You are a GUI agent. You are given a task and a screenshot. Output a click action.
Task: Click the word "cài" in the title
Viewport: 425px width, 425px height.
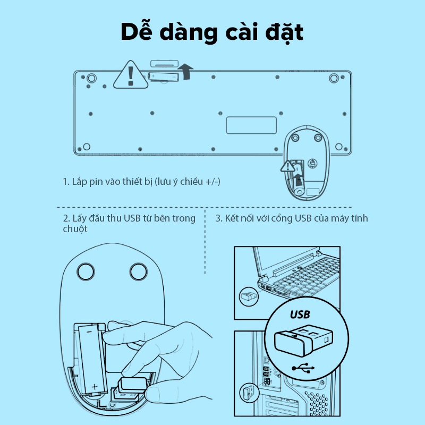pos(241,32)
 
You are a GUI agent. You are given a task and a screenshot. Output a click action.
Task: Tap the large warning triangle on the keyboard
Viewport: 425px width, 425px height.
pos(131,75)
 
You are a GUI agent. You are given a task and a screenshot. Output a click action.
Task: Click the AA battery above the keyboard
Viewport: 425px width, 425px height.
pos(164,76)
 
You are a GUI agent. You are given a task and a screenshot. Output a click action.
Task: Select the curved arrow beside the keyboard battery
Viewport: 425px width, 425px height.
pos(186,72)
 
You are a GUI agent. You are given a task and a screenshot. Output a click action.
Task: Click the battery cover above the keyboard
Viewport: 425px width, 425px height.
pos(164,64)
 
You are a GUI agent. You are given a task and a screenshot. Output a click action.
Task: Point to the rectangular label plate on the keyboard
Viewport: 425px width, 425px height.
pos(251,125)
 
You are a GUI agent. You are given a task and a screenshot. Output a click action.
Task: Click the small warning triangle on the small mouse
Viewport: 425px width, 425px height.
pos(287,166)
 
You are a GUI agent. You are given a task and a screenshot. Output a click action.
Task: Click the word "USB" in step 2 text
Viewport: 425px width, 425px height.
pos(132,218)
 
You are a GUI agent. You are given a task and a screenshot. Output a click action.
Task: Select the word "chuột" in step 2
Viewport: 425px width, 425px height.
pos(75,229)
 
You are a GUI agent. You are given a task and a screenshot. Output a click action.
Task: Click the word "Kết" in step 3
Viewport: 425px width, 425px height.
pos(232,218)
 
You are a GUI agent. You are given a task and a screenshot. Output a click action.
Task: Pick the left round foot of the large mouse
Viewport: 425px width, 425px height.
pos(86,271)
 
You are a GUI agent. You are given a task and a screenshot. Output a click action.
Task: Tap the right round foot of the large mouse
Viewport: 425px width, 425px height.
pos(139,271)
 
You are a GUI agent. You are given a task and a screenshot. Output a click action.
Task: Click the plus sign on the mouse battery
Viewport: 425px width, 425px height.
pos(95,387)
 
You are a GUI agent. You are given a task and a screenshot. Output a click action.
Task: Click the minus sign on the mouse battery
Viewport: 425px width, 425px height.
pos(89,331)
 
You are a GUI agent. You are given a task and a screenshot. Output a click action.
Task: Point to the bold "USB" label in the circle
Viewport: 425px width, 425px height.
pos(300,314)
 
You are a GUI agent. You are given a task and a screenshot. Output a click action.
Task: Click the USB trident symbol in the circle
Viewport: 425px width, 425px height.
pos(303,368)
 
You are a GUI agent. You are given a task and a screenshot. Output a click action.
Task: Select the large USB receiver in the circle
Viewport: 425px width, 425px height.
pos(303,341)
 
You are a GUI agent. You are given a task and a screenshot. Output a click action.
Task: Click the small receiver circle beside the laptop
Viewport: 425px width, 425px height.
pos(249,296)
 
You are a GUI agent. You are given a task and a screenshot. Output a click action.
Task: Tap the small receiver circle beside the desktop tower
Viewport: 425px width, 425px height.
pos(249,393)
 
